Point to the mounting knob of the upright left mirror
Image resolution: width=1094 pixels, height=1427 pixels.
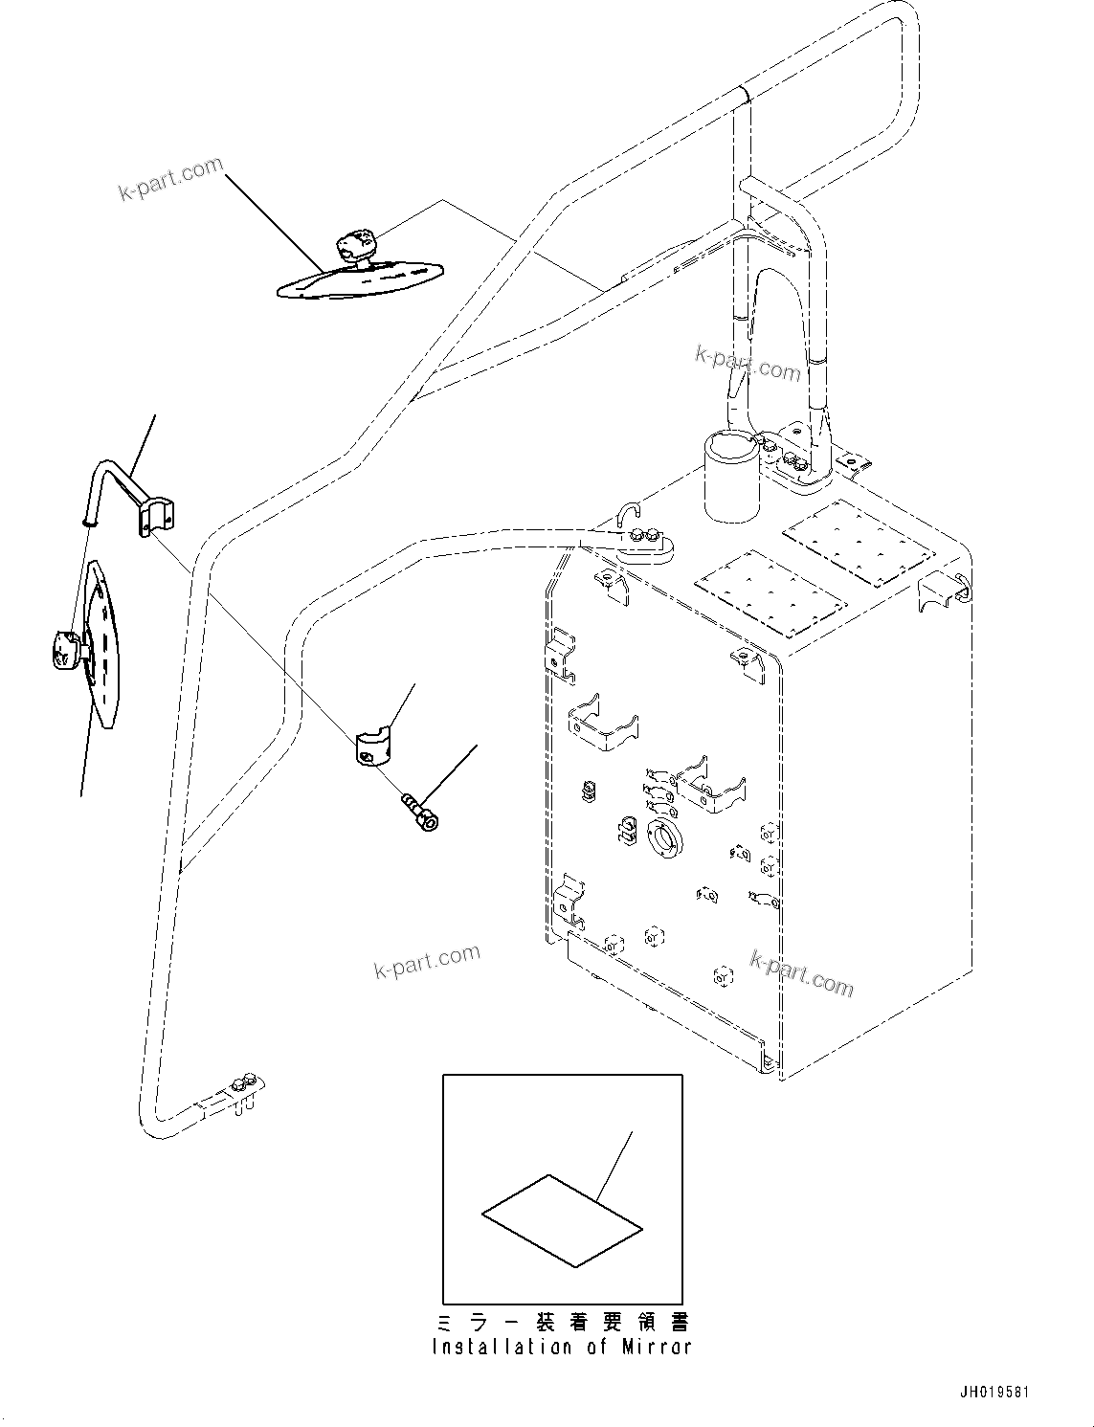pyautogui.click(x=66, y=655)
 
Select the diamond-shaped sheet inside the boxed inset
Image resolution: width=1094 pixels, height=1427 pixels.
pyautogui.click(x=562, y=1219)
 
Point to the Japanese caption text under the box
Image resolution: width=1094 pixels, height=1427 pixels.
pyautogui.click(x=562, y=1322)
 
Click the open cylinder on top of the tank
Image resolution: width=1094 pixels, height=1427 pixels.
pyautogui.click(x=732, y=476)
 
